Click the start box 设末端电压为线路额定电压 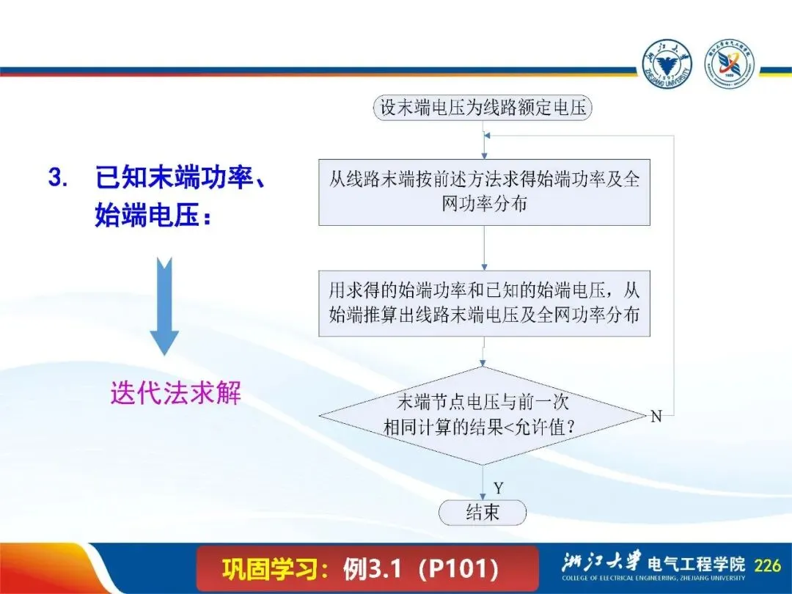click(483, 108)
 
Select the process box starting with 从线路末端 click(484, 192)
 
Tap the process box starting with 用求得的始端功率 click(484, 304)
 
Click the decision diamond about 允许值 click(483, 416)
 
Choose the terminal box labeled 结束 click(483, 513)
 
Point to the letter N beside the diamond click(656, 417)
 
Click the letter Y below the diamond click(499, 488)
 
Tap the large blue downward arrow click(165, 306)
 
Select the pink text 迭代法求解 click(176, 392)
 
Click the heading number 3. click(58, 177)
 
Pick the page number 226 click(767, 565)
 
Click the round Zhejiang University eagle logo click(667, 64)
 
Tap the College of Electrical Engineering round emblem click(730, 64)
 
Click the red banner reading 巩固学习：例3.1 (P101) click(367, 569)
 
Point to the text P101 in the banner click(462, 569)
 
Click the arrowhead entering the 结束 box click(483, 497)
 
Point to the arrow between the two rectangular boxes click(484, 248)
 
